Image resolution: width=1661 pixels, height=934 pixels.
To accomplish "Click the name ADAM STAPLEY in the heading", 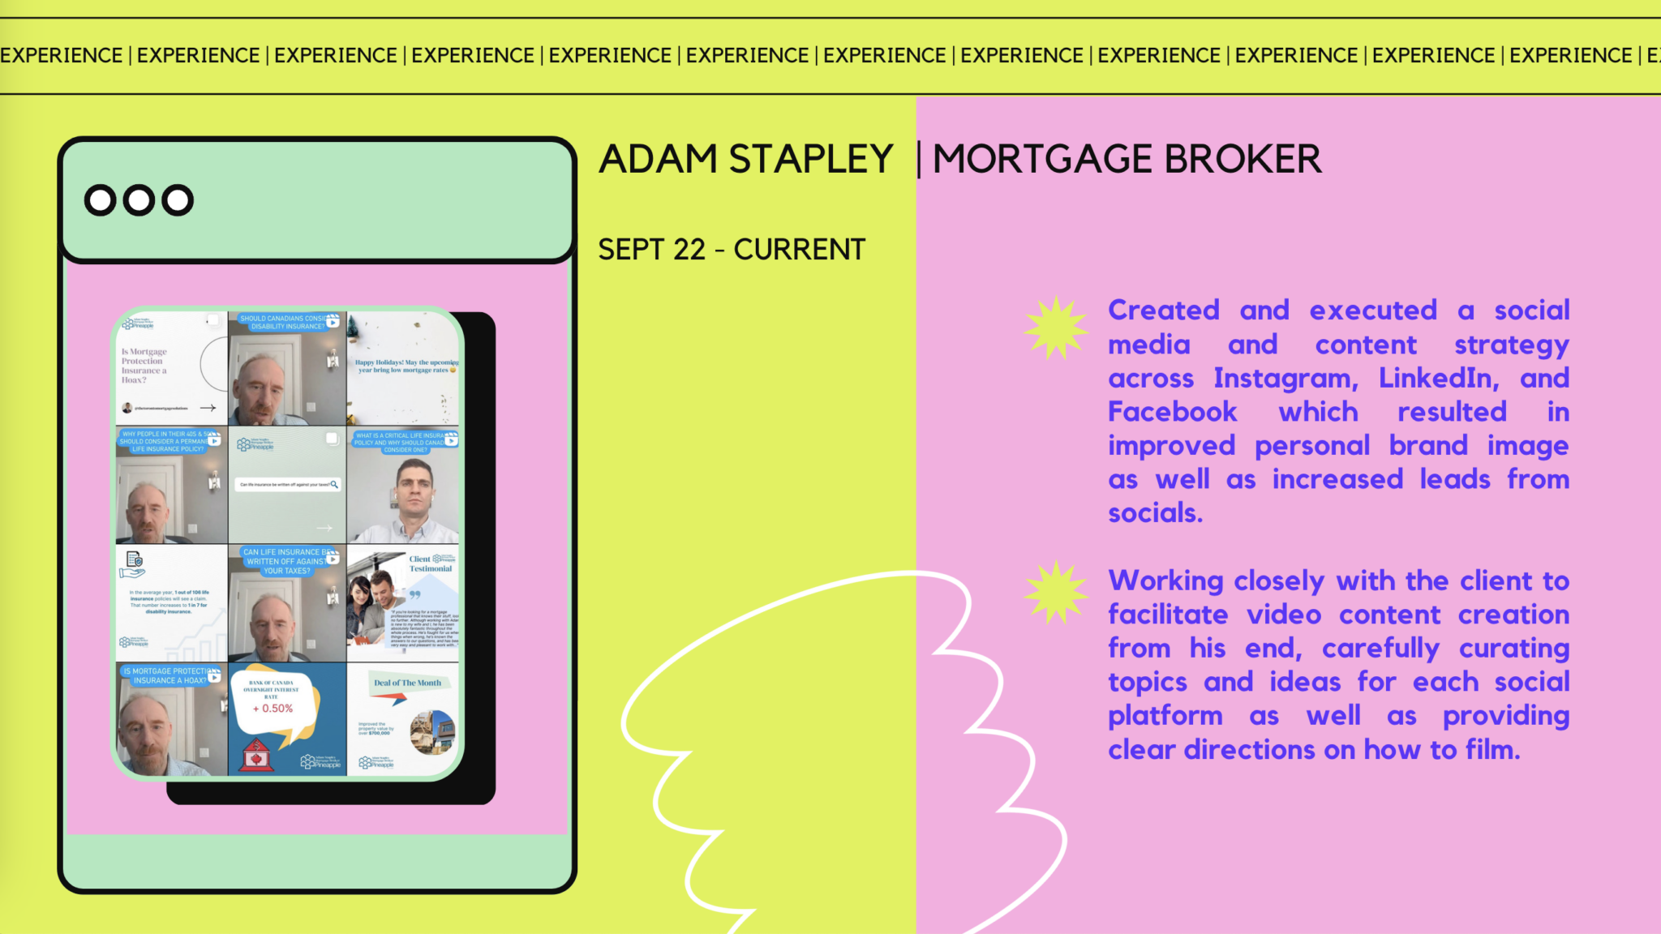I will tap(745, 159).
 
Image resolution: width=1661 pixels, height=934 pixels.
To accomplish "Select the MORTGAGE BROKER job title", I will tap(1127, 159).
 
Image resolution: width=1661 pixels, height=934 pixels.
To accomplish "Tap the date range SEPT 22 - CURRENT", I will tap(732, 250).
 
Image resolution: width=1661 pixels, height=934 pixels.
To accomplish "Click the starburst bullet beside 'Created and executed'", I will tap(1055, 328).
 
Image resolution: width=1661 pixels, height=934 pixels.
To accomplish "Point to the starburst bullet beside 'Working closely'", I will tap(1055, 593).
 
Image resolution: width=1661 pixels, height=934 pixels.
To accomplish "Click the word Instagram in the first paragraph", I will tap(1285, 379).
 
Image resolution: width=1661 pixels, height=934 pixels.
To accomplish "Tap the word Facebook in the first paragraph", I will tap(1172, 412).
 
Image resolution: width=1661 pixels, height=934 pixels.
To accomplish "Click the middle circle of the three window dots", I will tap(139, 200).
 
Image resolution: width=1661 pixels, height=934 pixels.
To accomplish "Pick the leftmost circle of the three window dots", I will tap(101, 200).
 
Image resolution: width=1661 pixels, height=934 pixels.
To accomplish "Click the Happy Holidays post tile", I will tap(404, 367).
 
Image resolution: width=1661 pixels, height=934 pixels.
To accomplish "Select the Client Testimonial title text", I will tap(430, 563).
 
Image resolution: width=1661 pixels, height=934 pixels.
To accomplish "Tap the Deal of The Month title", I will tap(407, 683).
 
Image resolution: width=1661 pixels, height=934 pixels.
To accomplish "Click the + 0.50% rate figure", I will tap(273, 709).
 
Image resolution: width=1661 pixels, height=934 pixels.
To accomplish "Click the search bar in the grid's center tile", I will tap(288, 484).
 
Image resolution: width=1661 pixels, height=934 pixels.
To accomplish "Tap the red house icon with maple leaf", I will tap(256, 756).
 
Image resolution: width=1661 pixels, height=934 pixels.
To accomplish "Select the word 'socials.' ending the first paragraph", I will tap(1155, 513).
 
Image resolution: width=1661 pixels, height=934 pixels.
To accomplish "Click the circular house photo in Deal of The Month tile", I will tap(432, 731).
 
